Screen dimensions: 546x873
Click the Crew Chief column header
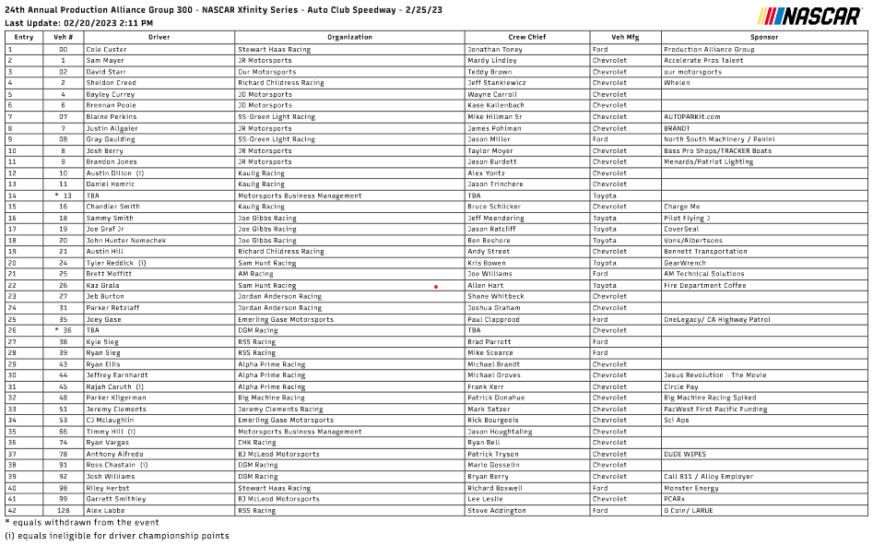click(527, 37)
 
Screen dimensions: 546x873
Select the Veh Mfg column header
click(625, 37)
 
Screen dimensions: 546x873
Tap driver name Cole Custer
click(106, 49)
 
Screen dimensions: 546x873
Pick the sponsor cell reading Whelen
click(677, 83)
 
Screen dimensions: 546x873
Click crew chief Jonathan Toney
click(494, 49)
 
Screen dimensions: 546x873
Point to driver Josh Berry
click(104, 150)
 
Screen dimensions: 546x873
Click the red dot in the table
click(436, 287)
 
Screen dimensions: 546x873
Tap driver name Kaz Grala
click(102, 286)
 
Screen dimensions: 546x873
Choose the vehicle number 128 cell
click(63, 510)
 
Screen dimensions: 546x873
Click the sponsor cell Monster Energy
click(690, 488)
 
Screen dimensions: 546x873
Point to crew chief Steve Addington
click(498, 510)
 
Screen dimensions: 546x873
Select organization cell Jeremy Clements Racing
click(280, 409)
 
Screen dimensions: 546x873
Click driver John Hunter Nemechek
click(125, 241)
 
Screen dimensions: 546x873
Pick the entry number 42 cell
click(13, 510)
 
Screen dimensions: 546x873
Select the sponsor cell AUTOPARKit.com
click(691, 117)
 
